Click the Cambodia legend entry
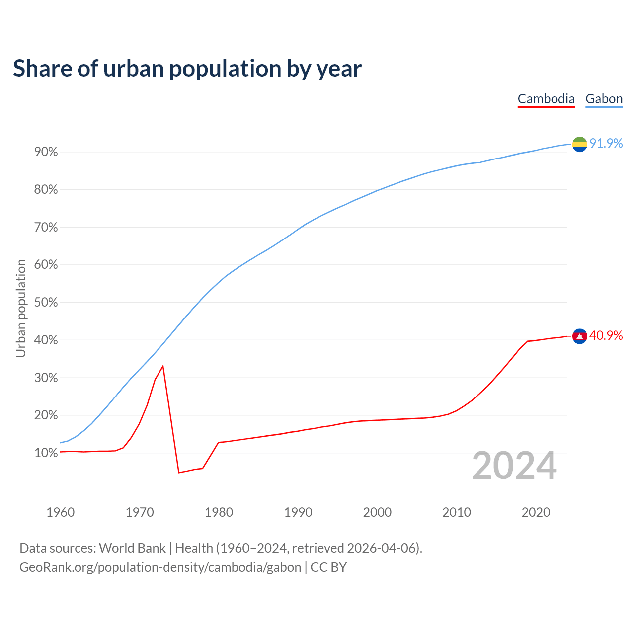pyautogui.click(x=546, y=99)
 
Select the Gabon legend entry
pyautogui.click(x=604, y=99)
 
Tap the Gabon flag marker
pyautogui.click(x=580, y=144)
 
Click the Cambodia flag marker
pyautogui.click(x=580, y=336)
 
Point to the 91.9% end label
pyautogui.click(x=606, y=143)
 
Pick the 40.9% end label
pyautogui.click(x=606, y=336)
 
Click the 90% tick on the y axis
pyautogui.click(x=46, y=152)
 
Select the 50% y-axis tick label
pyautogui.click(x=46, y=303)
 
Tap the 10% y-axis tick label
pyautogui.click(x=46, y=453)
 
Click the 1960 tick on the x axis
pyautogui.click(x=60, y=512)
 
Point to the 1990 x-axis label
pyautogui.click(x=298, y=512)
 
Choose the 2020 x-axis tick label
pyautogui.click(x=536, y=512)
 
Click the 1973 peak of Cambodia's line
pyautogui.click(x=163, y=366)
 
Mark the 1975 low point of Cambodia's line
pyautogui.click(x=179, y=472)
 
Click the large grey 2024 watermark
pyautogui.click(x=514, y=466)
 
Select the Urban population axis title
pyautogui.click(x=21, y=308)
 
